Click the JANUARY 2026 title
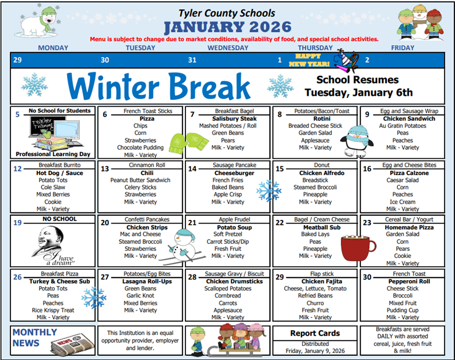[228, 27]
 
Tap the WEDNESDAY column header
[228, 48]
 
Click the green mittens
[185, 141]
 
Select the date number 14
[192, 169]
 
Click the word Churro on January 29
[315, 303]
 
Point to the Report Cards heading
[315, 333]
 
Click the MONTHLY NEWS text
[35, 337]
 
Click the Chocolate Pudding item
[140, 148]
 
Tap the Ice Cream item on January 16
[402, 202]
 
